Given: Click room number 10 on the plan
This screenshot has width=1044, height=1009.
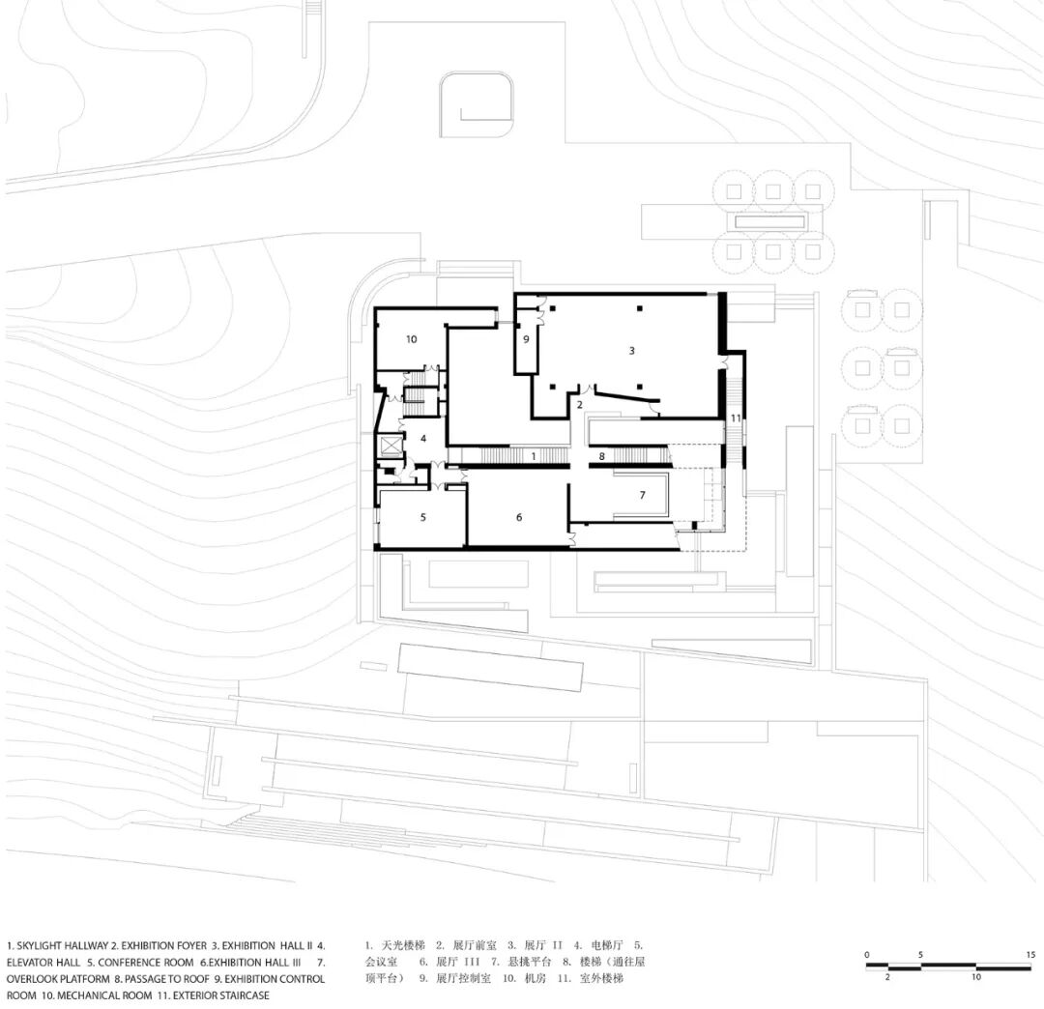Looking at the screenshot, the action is (x=412, y=339).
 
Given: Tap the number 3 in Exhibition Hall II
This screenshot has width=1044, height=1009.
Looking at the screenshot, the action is (x=632, y=351).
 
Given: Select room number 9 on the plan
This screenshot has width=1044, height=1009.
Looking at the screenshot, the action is (x=526, y=339).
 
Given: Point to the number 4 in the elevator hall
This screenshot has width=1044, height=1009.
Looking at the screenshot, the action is (x=423, y=439).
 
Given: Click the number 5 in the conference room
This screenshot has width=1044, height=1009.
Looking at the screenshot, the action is (x=422, y=517).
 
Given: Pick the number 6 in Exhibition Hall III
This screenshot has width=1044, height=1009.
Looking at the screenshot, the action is (x=519, y=517).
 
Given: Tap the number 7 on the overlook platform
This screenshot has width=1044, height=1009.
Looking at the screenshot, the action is (x=643, y=495).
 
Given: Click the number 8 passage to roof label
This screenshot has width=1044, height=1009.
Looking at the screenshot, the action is (x=602, y=456).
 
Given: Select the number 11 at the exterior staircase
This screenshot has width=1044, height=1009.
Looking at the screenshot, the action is (x=736, y=418).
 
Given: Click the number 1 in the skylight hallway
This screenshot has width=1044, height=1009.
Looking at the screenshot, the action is (x=534, y=457).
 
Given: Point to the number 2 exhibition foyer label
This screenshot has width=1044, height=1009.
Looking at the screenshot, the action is (x=579, y=405).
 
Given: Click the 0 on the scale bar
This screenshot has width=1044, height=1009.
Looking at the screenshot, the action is (x=867, y=955).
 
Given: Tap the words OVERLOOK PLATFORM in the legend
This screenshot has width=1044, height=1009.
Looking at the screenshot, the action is (x=58, y=979).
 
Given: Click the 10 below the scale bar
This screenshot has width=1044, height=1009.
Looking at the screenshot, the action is (x=975, y=977).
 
